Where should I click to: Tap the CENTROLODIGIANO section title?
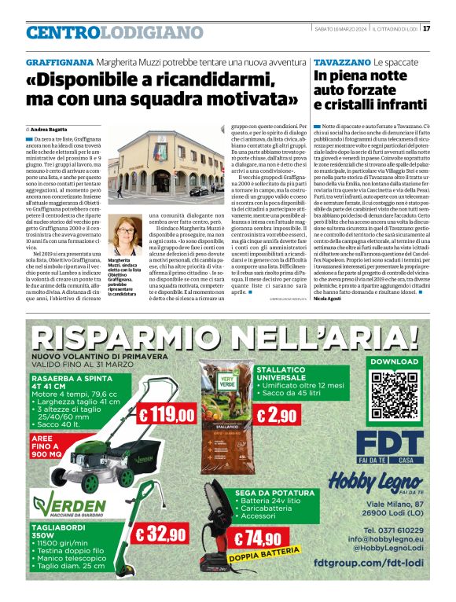pos(115,32)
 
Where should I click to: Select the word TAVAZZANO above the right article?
pos(341,62)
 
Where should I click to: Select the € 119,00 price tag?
pos(167,414)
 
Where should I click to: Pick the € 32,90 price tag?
pos(161,534)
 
